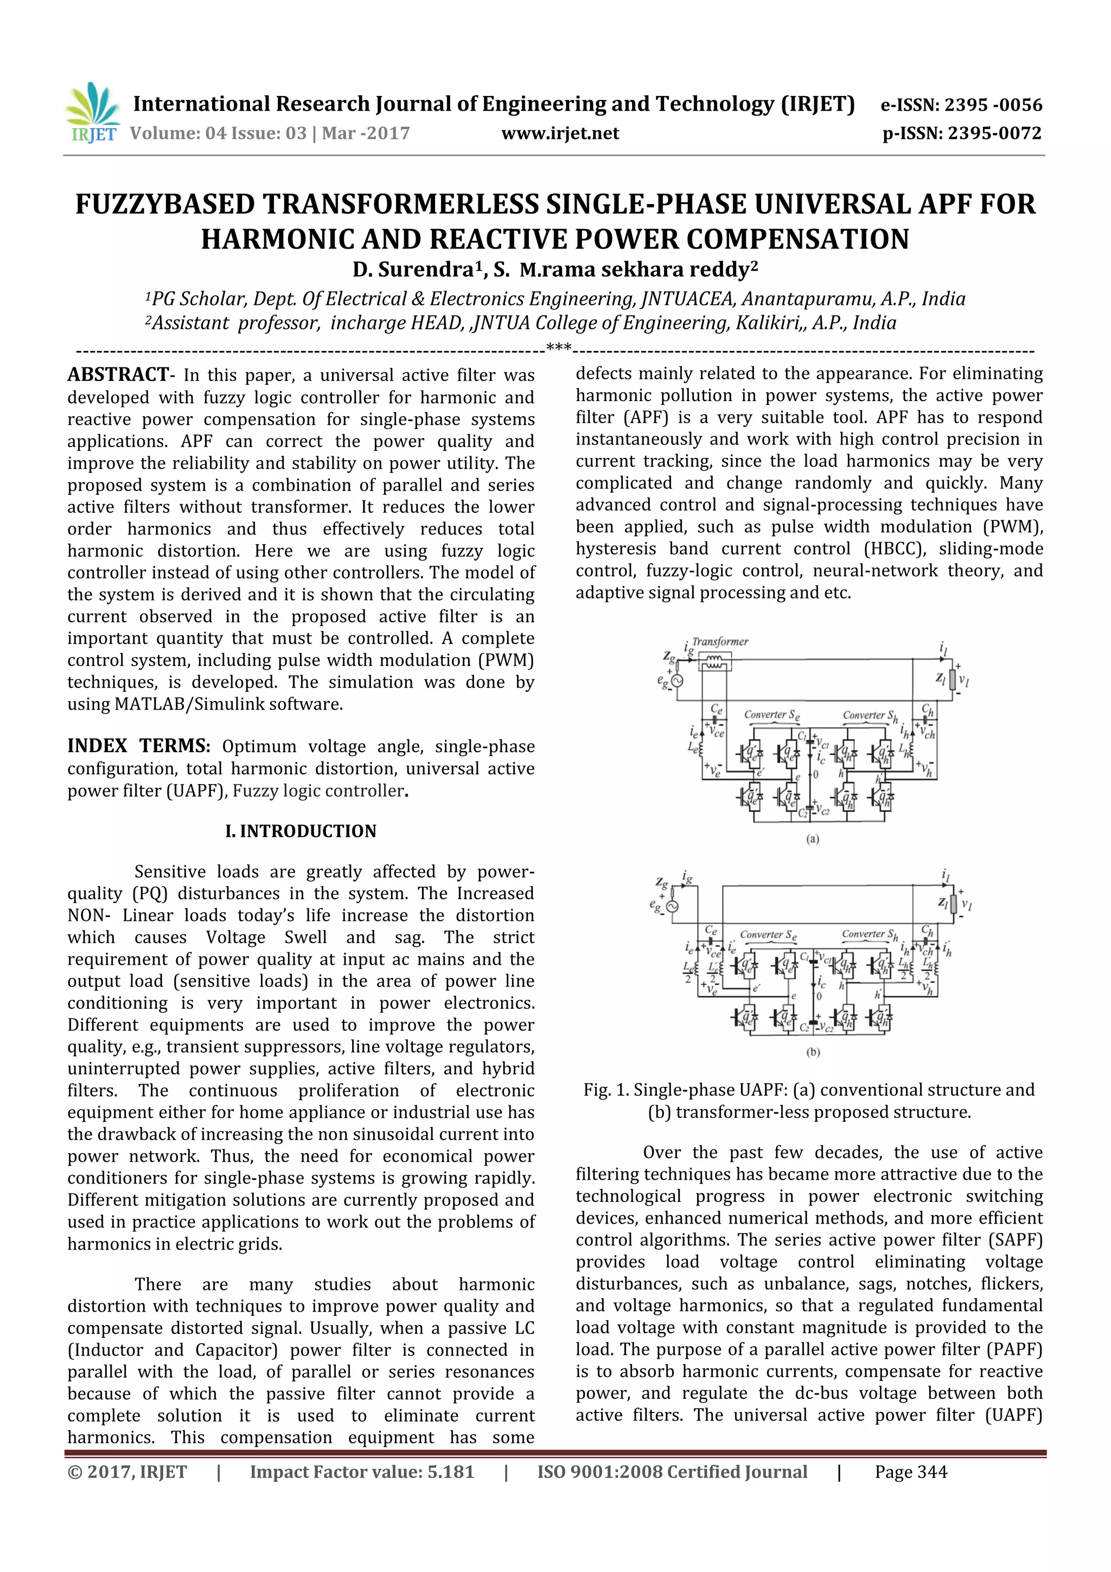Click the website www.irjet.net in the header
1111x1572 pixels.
pos(559,133)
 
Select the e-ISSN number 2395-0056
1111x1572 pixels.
pos(993,105)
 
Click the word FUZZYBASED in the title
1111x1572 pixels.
pos(164,204)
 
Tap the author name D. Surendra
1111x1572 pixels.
pos(418,269)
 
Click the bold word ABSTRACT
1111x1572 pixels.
pos(118,374)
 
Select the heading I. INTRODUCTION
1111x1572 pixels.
pos(301,831)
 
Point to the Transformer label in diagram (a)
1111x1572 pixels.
pos(719,641)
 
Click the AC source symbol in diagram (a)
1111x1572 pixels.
pos(677,681)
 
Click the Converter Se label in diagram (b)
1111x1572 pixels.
pos(768,934)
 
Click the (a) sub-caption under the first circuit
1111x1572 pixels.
pos(813,839)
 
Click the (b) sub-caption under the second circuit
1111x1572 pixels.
pos(813,1052)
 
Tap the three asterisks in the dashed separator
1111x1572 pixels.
pos(559,348)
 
